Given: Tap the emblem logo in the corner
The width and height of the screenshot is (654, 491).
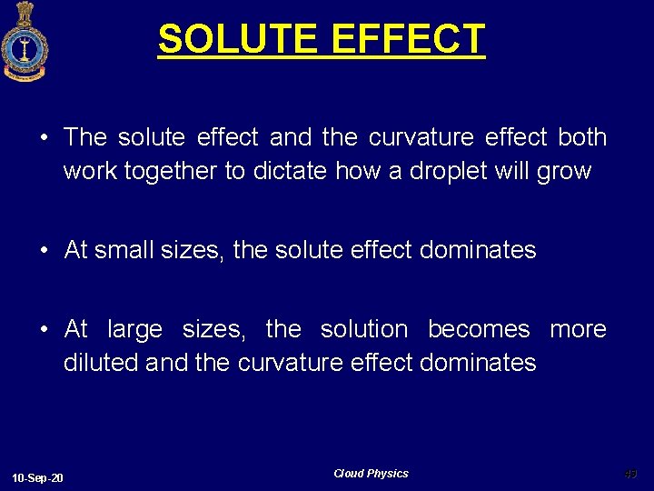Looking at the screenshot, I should coord(24,41).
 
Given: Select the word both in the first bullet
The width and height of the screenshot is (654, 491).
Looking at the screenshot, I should coord(582,137).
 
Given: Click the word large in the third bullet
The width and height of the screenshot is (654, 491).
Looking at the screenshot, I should coord(134,329).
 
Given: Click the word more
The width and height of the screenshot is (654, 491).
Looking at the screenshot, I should coord(578,329).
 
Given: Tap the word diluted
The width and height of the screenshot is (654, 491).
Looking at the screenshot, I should coord(101,363).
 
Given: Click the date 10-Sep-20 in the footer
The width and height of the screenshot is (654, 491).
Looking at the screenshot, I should coord(38,478).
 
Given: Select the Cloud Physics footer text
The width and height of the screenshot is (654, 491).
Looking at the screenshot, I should coord(371,474).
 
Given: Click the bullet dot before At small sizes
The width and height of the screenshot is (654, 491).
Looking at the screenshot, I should coord(44,251).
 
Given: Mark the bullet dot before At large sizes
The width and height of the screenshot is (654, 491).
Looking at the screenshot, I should coord(44,330).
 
